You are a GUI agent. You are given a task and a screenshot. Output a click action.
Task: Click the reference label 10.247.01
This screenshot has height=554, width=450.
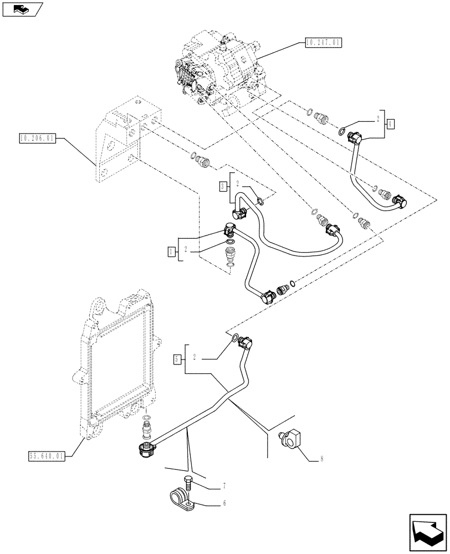pos(324,42)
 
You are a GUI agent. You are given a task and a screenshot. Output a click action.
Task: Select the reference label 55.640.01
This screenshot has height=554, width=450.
pos(46,456)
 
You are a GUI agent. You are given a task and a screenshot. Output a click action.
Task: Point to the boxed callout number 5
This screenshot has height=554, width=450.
pos(176,359)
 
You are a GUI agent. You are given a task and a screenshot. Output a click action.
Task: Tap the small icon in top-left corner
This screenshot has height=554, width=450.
pos(22,9)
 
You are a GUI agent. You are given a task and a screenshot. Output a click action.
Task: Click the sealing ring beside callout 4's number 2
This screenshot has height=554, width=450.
pos(343,132)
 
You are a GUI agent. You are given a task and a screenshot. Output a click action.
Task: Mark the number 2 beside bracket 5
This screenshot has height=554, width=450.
pos(196,359)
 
